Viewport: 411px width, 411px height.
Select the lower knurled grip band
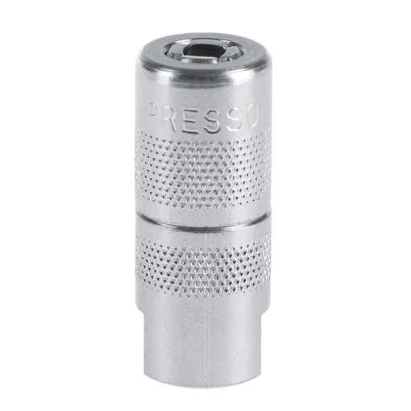click(203, 264)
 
